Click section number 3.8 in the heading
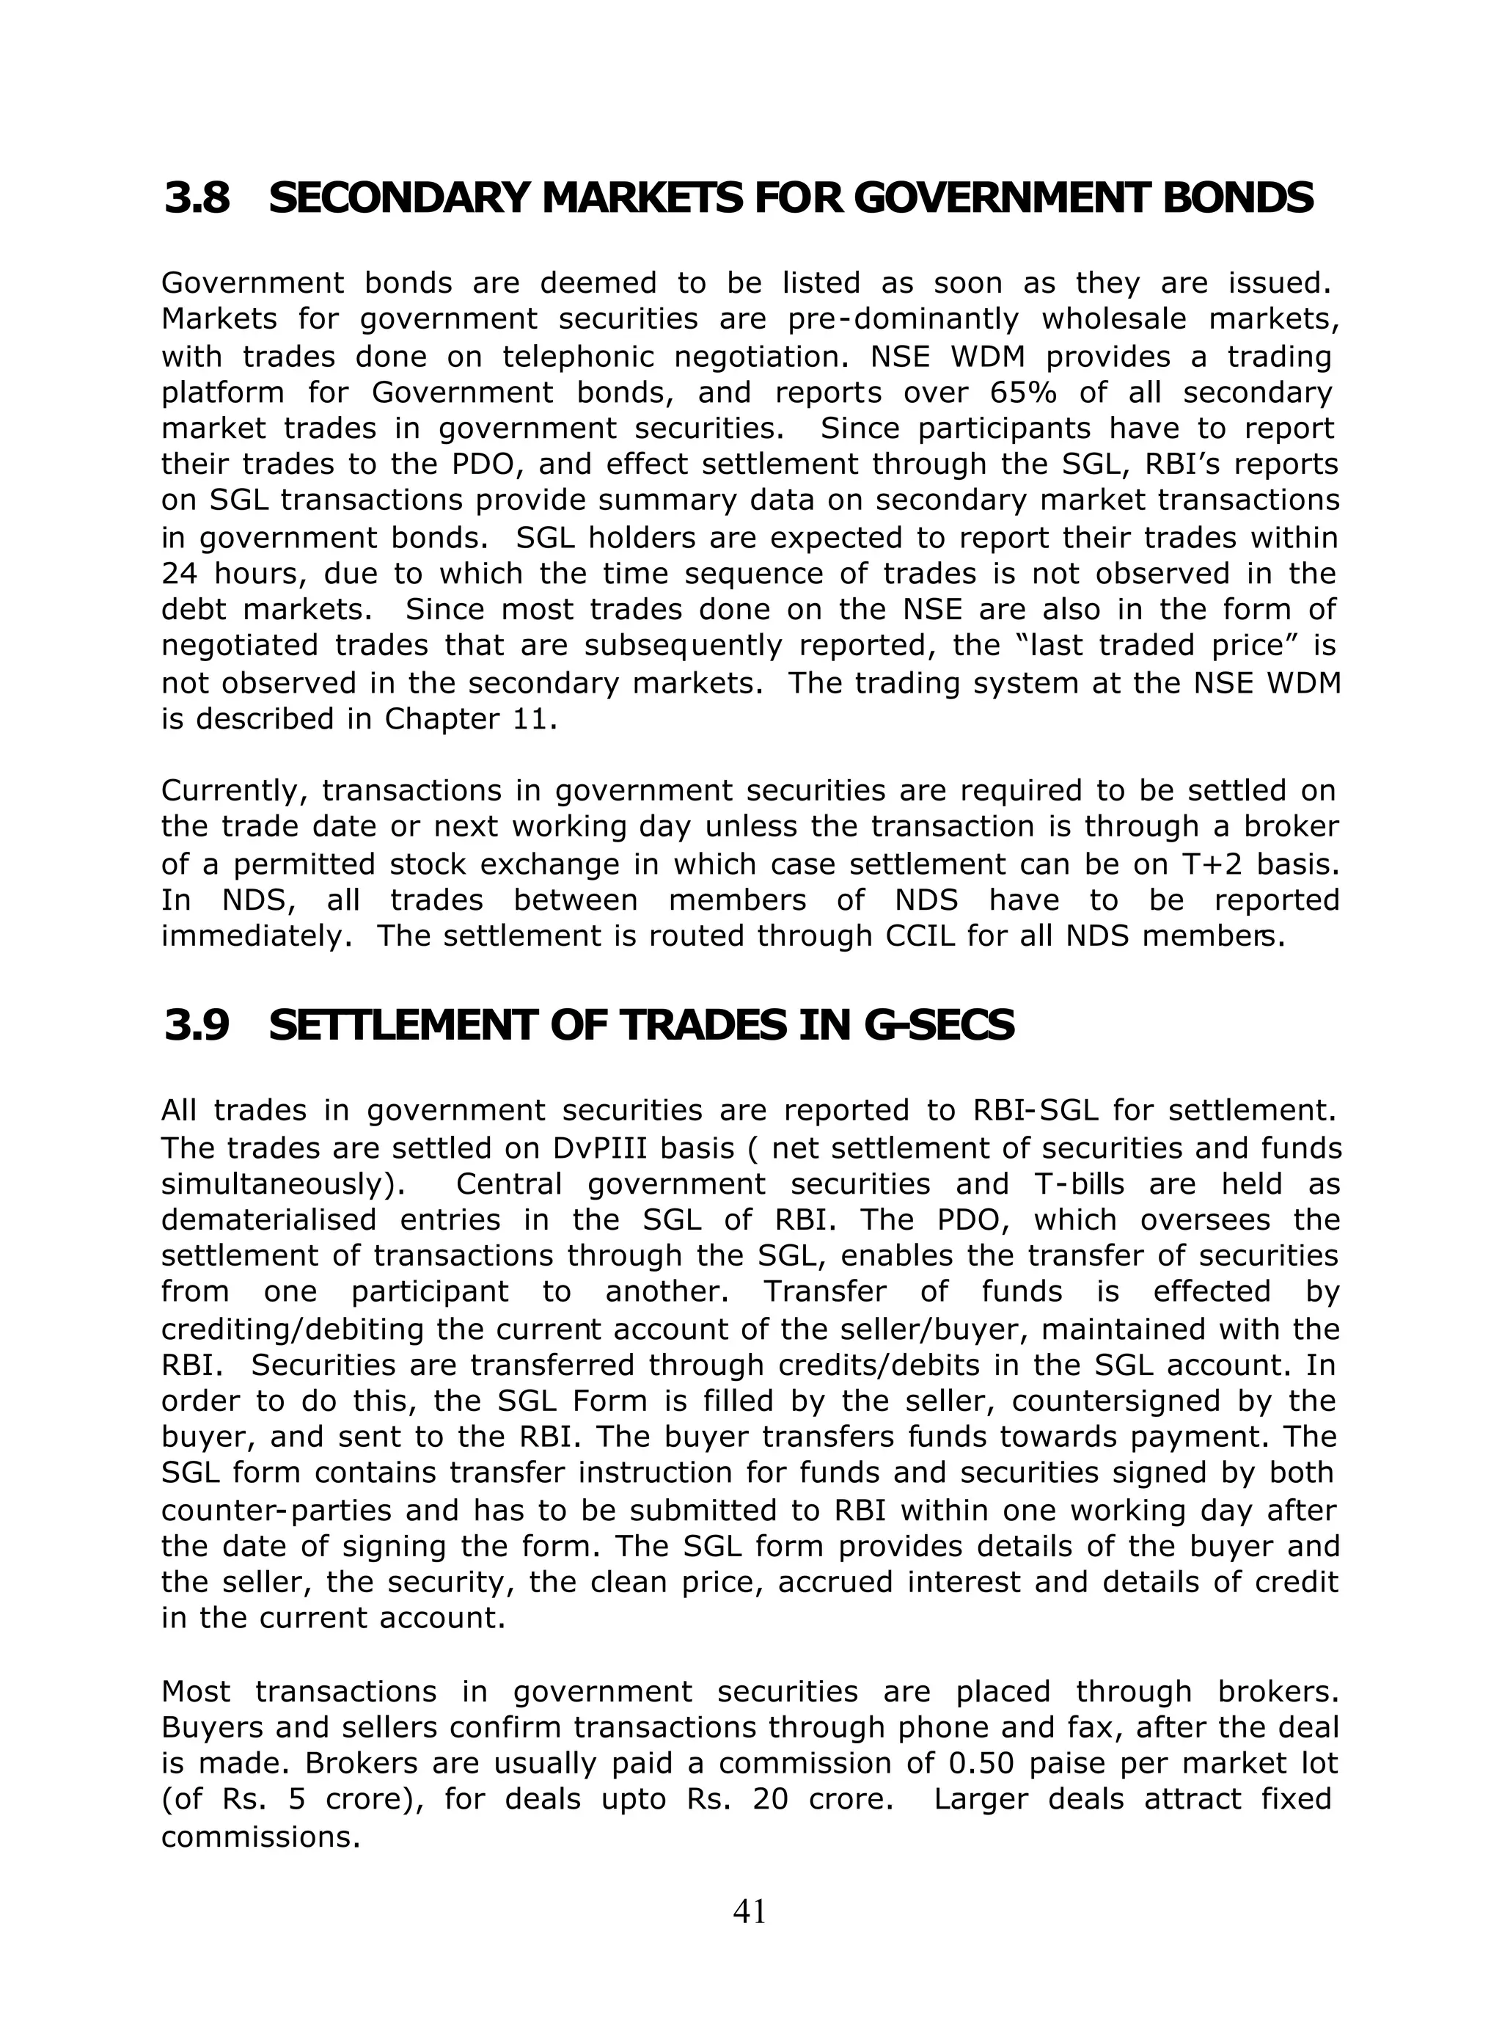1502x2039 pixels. point(197,198)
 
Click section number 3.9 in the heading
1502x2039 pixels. point(197,1026)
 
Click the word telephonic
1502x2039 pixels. point(577,357)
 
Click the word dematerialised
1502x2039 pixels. point(268,1220)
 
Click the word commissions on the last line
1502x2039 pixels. point(255,1837)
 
